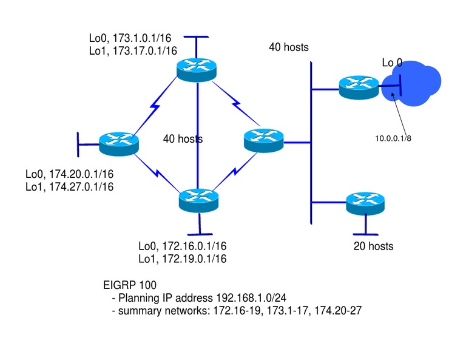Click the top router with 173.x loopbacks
coord(196,69)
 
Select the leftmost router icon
coord(119,143)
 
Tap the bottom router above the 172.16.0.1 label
coord(199,199)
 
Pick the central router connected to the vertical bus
coord(263,141)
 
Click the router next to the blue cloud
coord(358,88)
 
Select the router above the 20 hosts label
coord(365,203)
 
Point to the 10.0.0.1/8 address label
coord(393,138)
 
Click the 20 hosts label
coord(373,246)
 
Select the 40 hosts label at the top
coord(289,47)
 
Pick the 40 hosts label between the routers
coord(183,139)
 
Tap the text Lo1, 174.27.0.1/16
coord(69,186)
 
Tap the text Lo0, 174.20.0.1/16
coord(69,174)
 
